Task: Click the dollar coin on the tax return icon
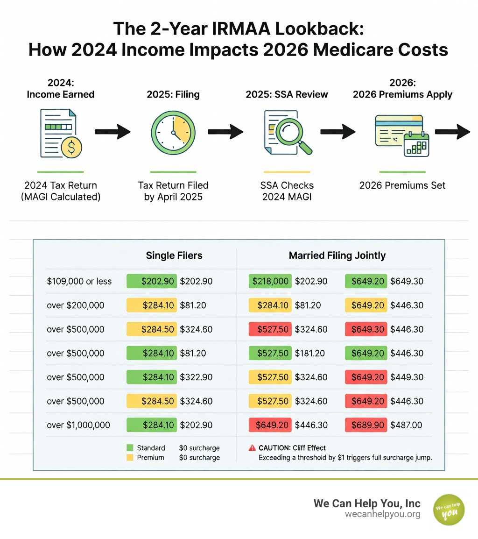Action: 71,147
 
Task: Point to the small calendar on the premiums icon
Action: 416,145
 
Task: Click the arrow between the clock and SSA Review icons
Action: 226,132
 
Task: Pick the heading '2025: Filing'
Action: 173,94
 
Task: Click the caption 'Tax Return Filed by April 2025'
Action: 173,191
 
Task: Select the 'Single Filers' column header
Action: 174,255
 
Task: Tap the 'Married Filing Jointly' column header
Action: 337,255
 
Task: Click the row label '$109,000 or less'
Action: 79,281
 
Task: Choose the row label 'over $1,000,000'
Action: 78,425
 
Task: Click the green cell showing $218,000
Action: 270,281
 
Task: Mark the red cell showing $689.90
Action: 366,425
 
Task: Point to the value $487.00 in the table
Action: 406,425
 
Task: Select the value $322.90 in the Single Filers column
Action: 196,377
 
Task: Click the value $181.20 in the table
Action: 311,353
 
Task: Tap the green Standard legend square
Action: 130,448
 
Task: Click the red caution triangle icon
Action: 252,448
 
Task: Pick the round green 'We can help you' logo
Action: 449,510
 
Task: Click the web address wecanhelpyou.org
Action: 383,514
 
